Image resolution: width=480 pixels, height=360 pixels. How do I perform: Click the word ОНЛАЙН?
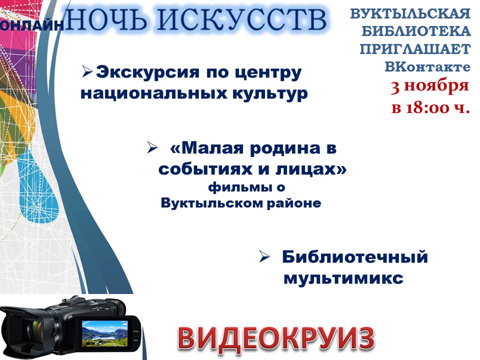[31, 25]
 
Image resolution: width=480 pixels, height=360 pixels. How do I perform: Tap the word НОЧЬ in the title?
[107, 19]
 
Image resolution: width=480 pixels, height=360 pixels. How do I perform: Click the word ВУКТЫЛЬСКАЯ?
[410, 14]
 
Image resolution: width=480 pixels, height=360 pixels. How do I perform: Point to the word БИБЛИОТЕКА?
[416, 31]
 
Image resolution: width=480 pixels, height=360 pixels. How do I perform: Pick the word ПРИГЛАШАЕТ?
[415, 49]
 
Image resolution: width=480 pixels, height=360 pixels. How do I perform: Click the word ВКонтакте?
[427, 66]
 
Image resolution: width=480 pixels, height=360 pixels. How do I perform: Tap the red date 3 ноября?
[430, 86]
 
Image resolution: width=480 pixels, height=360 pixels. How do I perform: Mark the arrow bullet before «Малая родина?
[152, 148]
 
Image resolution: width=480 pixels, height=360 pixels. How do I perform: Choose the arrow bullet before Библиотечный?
[264, 256]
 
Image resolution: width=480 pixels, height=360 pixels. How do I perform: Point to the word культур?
[270, 94]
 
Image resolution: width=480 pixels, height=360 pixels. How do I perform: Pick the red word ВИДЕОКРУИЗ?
[276, 339]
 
